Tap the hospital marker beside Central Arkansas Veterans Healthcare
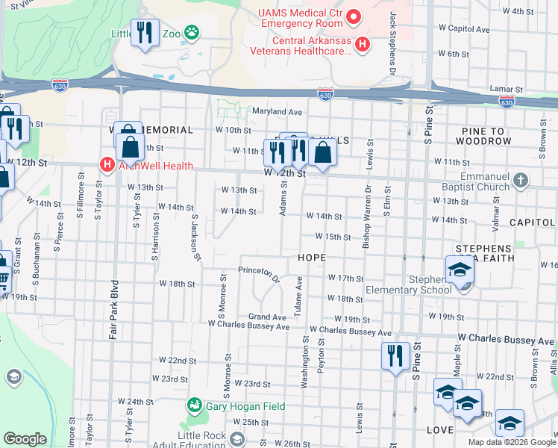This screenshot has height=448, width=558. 363,45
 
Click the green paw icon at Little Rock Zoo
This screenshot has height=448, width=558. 192,33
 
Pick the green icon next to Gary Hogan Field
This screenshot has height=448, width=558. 195,405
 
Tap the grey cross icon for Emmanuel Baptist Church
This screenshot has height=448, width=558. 521,180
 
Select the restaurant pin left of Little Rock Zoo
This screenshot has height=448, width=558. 144,33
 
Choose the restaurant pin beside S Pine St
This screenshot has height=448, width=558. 394,355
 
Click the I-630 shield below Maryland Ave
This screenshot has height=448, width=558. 325,94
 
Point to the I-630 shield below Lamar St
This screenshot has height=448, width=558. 507,101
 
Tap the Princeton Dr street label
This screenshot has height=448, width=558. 258,274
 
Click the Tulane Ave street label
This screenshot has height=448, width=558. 298,294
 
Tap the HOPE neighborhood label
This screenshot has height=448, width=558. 313,257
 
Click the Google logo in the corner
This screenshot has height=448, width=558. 25,439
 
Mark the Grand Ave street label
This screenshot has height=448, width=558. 267,317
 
